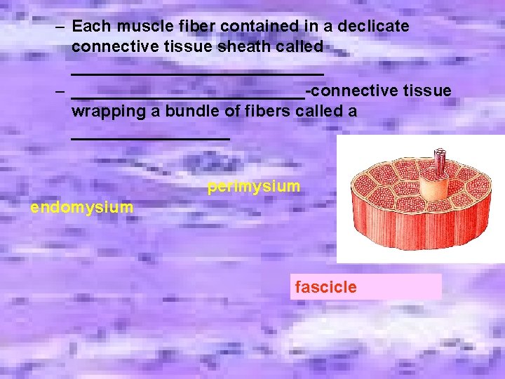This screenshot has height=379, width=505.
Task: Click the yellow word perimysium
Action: coord(254,187)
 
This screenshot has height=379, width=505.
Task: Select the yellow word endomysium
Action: coord(81,207)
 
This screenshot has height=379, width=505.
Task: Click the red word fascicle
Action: coord(325,287)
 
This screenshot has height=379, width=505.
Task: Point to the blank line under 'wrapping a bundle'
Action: coord(150,138)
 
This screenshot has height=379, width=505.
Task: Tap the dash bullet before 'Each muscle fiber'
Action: coord(62,27)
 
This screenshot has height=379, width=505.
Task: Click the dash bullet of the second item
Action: coord(62,91)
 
